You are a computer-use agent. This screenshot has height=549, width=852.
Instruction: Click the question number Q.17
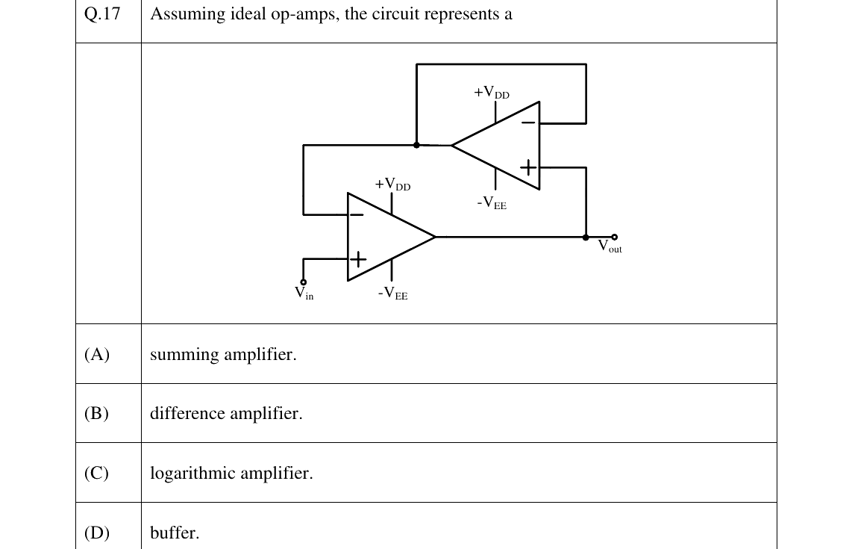102,13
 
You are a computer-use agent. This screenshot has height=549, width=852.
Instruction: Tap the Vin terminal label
304,293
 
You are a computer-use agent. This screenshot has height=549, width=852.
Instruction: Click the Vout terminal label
610,246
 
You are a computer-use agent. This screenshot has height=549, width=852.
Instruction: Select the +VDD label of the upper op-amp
492,92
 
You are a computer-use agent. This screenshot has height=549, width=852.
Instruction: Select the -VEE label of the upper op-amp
492,203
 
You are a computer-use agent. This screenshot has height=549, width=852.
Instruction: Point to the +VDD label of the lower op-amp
392,184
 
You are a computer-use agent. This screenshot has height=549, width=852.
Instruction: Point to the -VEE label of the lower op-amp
393,294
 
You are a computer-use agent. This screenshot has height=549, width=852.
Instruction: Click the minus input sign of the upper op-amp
528,123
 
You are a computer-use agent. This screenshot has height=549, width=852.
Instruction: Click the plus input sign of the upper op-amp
528,167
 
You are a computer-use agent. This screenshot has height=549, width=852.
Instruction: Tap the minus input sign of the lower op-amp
357,214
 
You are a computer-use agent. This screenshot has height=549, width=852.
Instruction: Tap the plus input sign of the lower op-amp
358,259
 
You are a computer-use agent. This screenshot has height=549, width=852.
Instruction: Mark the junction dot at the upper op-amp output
417,145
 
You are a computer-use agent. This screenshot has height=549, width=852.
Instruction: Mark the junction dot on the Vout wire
586,238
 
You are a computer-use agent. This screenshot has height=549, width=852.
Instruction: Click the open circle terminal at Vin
303,282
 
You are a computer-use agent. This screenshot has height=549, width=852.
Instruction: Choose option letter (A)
97,354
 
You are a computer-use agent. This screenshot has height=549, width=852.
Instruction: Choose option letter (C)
97,473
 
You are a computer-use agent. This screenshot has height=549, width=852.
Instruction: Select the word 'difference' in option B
187,413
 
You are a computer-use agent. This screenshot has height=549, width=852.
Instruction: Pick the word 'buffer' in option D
172,532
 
